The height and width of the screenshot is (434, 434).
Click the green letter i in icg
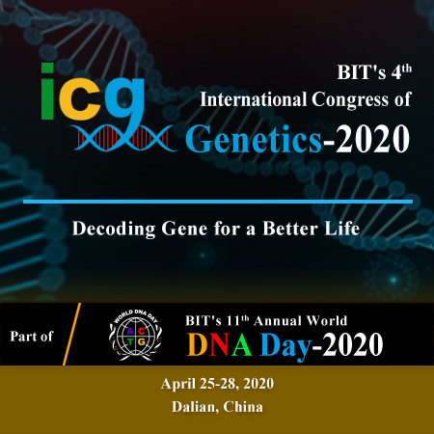coord(47,92)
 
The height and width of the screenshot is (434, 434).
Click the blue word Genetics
coord(254,140)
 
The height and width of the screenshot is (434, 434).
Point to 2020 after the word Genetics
coord(372,139)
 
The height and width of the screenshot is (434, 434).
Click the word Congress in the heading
coord(350,100)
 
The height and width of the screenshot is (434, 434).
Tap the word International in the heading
coord(254,99)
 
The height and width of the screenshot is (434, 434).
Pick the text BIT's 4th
coord(374,72)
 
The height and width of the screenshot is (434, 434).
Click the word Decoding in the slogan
coord(114,229)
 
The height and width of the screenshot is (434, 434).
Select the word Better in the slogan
coord(290,229)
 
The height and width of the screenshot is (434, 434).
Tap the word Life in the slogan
coord(342,229)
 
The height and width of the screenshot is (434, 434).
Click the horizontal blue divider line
coord(218,202)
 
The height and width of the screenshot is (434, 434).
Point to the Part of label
coord(31,337)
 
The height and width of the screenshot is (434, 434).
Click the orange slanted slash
coord(71,334)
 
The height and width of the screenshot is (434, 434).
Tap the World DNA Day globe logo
coord(135,335)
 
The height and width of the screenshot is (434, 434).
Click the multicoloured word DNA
coord(219,344)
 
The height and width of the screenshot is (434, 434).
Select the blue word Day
coord(285,346)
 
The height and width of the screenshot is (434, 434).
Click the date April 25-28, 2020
coord(217,384)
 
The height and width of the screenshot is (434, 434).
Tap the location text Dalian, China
coord(217,407)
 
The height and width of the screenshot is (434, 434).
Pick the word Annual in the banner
coord(278,321)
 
